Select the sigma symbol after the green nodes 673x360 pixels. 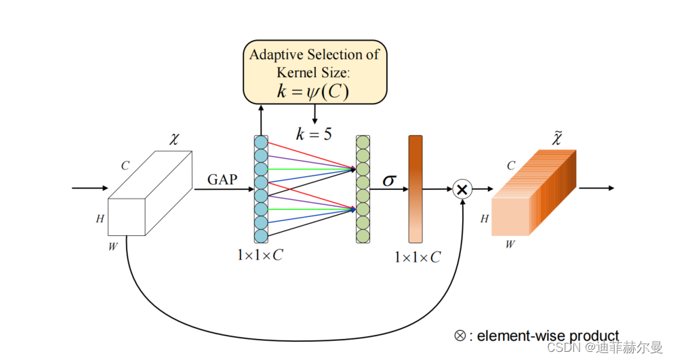389,180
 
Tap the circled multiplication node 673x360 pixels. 462,189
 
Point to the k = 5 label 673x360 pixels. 313,134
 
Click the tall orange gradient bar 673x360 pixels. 415,189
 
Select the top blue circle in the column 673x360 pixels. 261,142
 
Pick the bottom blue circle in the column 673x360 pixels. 261,235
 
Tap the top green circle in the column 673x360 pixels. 363,142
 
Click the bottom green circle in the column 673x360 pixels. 363,235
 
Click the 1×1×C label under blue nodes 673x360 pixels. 260,256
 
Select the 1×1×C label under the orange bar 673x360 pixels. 417,258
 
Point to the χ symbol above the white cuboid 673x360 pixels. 174,140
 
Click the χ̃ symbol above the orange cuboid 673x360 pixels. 557,139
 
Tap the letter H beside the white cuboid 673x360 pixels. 100,218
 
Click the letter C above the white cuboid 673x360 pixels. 125,165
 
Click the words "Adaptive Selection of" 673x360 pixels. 314,55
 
